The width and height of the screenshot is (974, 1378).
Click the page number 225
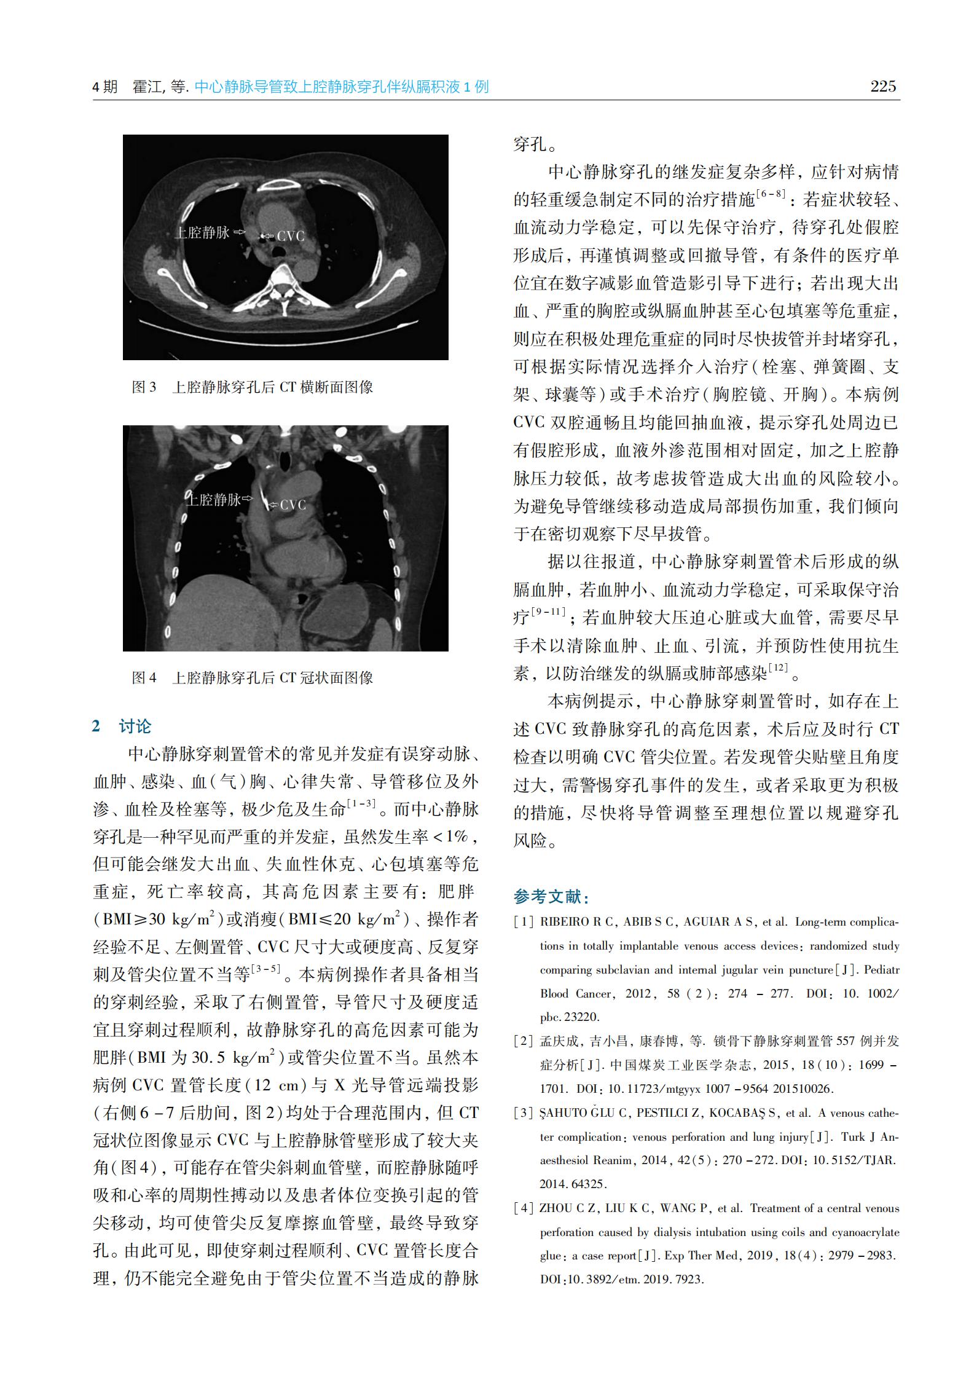coord(883,87)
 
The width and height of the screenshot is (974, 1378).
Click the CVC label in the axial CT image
coord(291,236)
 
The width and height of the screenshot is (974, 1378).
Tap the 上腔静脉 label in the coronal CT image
coord(214,500)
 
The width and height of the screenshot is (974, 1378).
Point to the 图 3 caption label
coord(144,387)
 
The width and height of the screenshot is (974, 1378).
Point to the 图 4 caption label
coord(144,678)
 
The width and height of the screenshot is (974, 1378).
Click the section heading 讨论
coord(135,726)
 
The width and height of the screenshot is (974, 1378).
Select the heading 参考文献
coord(551,897)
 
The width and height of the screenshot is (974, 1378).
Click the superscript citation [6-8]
coord(771,194)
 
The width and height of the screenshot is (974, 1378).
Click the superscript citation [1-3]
coord(361,803)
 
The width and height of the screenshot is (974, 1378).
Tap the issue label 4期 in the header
coord(105,87)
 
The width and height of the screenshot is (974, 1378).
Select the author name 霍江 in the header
coord(147,87)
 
